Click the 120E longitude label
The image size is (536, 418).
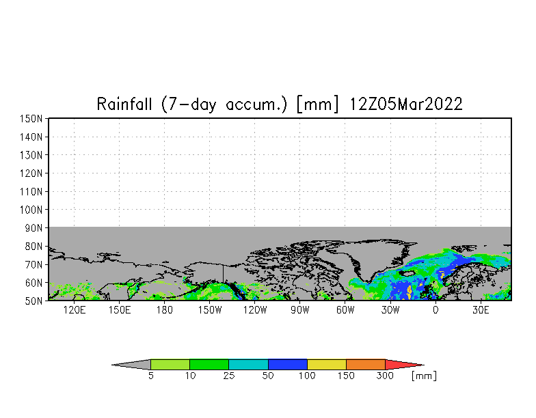point(74,310)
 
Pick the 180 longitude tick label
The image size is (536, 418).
point(164,310)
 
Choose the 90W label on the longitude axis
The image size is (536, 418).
point(299,310)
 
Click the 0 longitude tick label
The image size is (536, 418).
point(435,310)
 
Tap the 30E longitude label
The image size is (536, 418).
point(481,310)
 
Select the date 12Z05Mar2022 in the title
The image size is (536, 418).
point(406,104)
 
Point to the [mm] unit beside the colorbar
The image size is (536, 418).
point(424,376)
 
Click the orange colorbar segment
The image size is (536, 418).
point(366,365)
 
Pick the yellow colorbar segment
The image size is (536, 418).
point(327,365)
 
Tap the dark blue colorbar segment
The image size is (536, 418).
point(288,365)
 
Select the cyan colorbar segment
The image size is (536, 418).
point(248,365)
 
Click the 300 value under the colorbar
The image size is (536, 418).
point(386,376)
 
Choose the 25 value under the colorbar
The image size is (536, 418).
point(229,376)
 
